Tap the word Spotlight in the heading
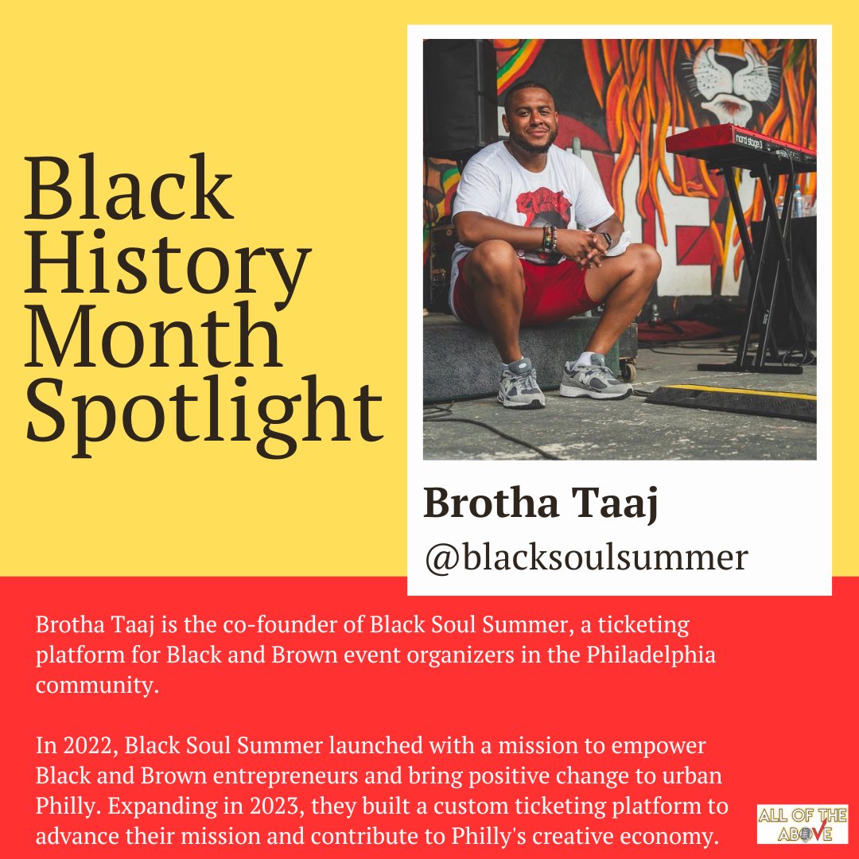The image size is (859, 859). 204,414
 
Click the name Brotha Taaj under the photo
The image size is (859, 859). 541,503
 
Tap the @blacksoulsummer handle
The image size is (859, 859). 586,557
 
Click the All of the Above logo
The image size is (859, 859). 803,824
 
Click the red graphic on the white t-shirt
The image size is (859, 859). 543,208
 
